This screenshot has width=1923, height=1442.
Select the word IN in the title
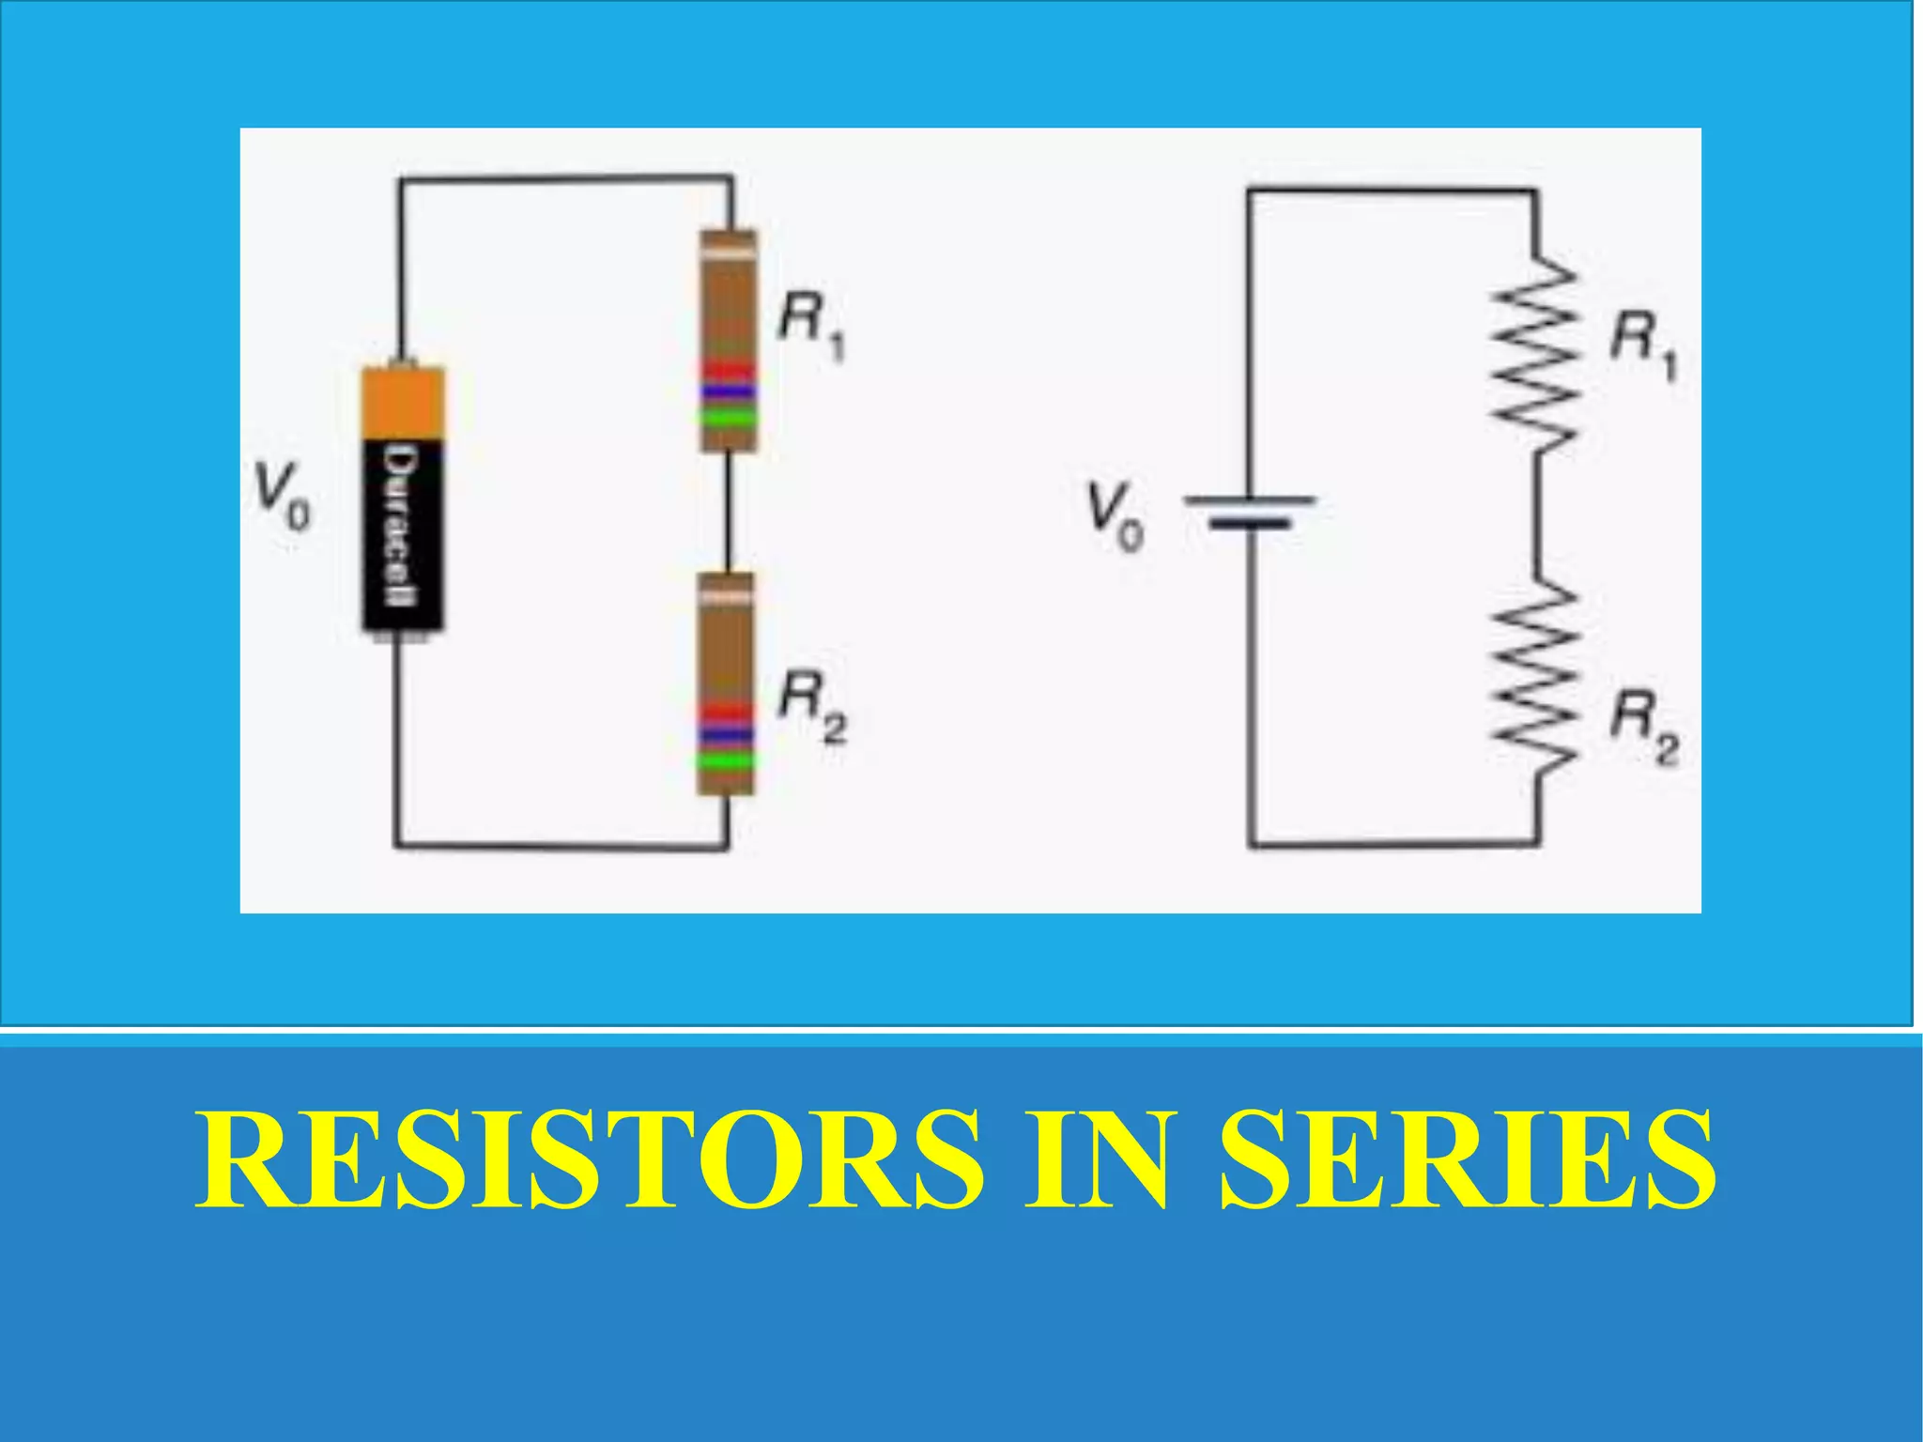point(1100,1159)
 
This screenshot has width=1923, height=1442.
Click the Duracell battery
point(404,498)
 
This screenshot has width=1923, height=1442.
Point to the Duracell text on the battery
point(401,526)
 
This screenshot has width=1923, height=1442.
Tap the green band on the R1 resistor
point(728,416)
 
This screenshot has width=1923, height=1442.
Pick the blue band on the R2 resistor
point(725,735)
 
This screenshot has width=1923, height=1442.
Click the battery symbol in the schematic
point(1250,513)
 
